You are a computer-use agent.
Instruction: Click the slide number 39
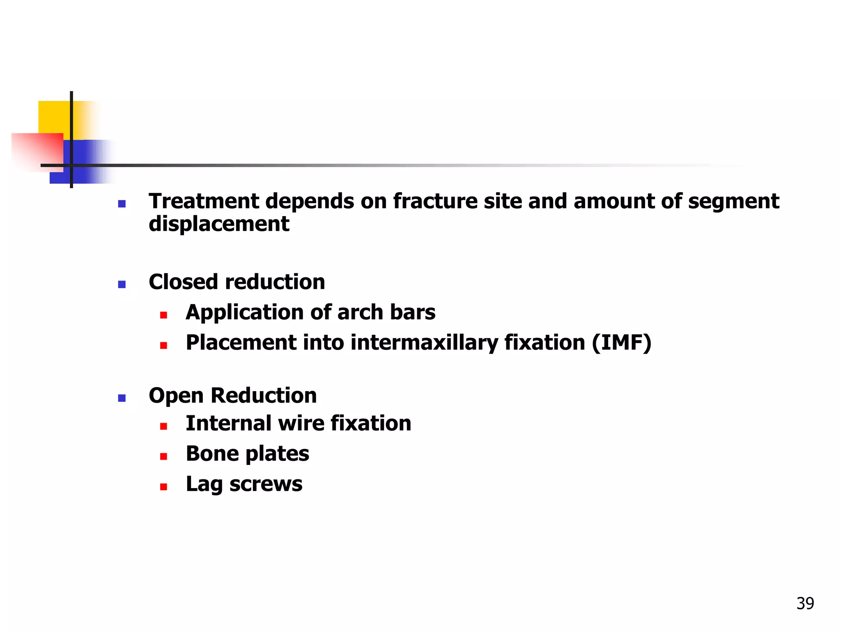(805, 603)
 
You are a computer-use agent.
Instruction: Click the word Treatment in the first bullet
(203, 201)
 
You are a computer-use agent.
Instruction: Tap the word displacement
(219, 224)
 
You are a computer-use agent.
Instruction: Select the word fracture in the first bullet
(435, 201)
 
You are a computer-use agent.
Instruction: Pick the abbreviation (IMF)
(621, 343)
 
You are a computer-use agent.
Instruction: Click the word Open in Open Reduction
(176, 396)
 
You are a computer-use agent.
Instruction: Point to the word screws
(266, 484)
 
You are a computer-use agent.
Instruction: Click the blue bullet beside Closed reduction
(122, 284)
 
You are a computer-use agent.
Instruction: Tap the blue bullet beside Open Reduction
(122, 398)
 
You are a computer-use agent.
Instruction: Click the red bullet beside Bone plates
(163, 456)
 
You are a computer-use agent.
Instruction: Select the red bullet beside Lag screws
(163, 487)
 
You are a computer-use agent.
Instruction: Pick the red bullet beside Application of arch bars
(163, 315)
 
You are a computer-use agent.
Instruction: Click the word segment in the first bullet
(733, 201)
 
